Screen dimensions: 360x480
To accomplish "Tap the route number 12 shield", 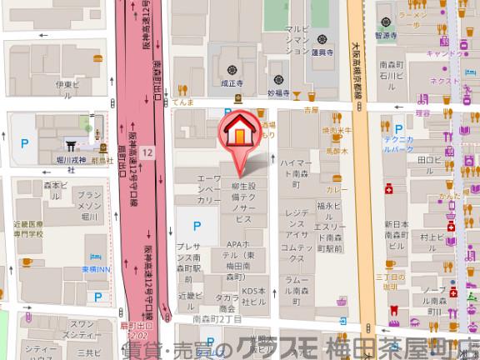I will [x=147, y=152].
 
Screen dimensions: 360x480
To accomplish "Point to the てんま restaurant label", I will [x=184, y=103].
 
